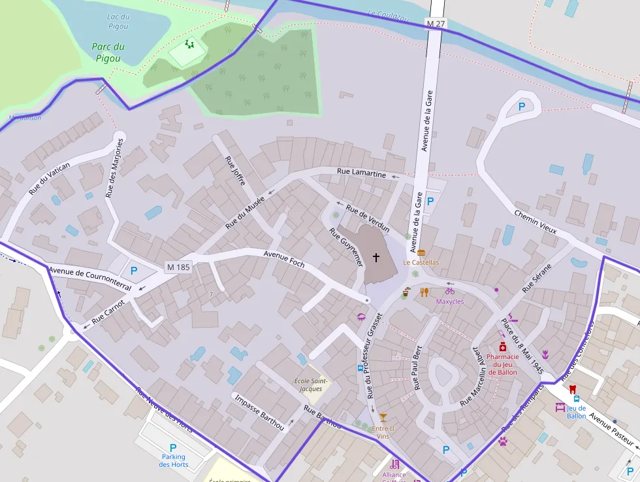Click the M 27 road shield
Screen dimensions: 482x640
(x=436, y=23)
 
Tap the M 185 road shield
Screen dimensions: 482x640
(x=178, y=267)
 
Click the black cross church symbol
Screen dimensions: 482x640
(x=376, y=258)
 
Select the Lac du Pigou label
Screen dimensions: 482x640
(x=118, y=22)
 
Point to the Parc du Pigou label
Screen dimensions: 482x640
(x=108, y=52)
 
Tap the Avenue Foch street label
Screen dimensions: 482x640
(x=284, y=258)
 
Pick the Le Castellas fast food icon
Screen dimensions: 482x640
(x=421, y=252)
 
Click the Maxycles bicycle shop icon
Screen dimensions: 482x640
(x=449, y=291)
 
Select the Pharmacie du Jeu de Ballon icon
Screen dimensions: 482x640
(x=502, y=347)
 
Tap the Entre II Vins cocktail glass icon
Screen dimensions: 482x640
(x=383, y=418)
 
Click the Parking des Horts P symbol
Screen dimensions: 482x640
(x=173, y=447)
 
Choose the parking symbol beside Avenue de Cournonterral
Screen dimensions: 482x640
(x=134, y=270)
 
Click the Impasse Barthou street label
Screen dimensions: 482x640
(x=259, y=412)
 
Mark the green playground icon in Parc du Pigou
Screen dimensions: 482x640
(x=189, y=44)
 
